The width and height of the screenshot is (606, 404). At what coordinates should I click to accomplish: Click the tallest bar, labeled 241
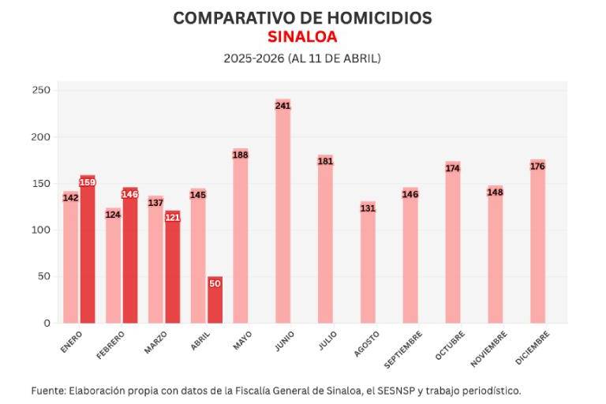pos(282,213)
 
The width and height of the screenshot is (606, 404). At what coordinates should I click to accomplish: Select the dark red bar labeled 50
pos(215,300)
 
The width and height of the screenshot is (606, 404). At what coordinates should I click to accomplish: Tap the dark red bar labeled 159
pos(88,249)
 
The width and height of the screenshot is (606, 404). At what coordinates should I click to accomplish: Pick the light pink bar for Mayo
pos(240,237)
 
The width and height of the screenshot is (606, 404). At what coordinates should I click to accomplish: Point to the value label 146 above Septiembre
pos(410,194)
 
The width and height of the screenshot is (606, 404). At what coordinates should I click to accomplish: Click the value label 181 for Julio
pos(325,162)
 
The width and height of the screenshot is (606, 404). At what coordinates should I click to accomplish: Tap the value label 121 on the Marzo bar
pos(173,217)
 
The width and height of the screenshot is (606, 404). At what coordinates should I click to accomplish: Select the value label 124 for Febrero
pos(113,215)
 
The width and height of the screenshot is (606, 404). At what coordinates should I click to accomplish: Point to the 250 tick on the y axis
pos(41,91)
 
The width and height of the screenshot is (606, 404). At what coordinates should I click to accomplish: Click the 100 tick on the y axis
pos(41,230)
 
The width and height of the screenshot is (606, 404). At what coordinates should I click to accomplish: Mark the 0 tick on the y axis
pos(47,323)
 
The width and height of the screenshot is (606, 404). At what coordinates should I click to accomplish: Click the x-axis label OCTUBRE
pos(450,346)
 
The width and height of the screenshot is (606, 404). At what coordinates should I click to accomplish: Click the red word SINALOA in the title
pos(302,37)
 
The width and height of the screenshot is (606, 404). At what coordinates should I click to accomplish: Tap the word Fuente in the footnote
pos(47,390)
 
